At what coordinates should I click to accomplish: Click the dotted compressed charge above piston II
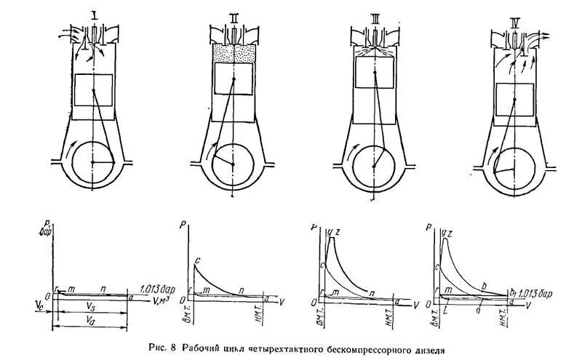click(x=233, y=53)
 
